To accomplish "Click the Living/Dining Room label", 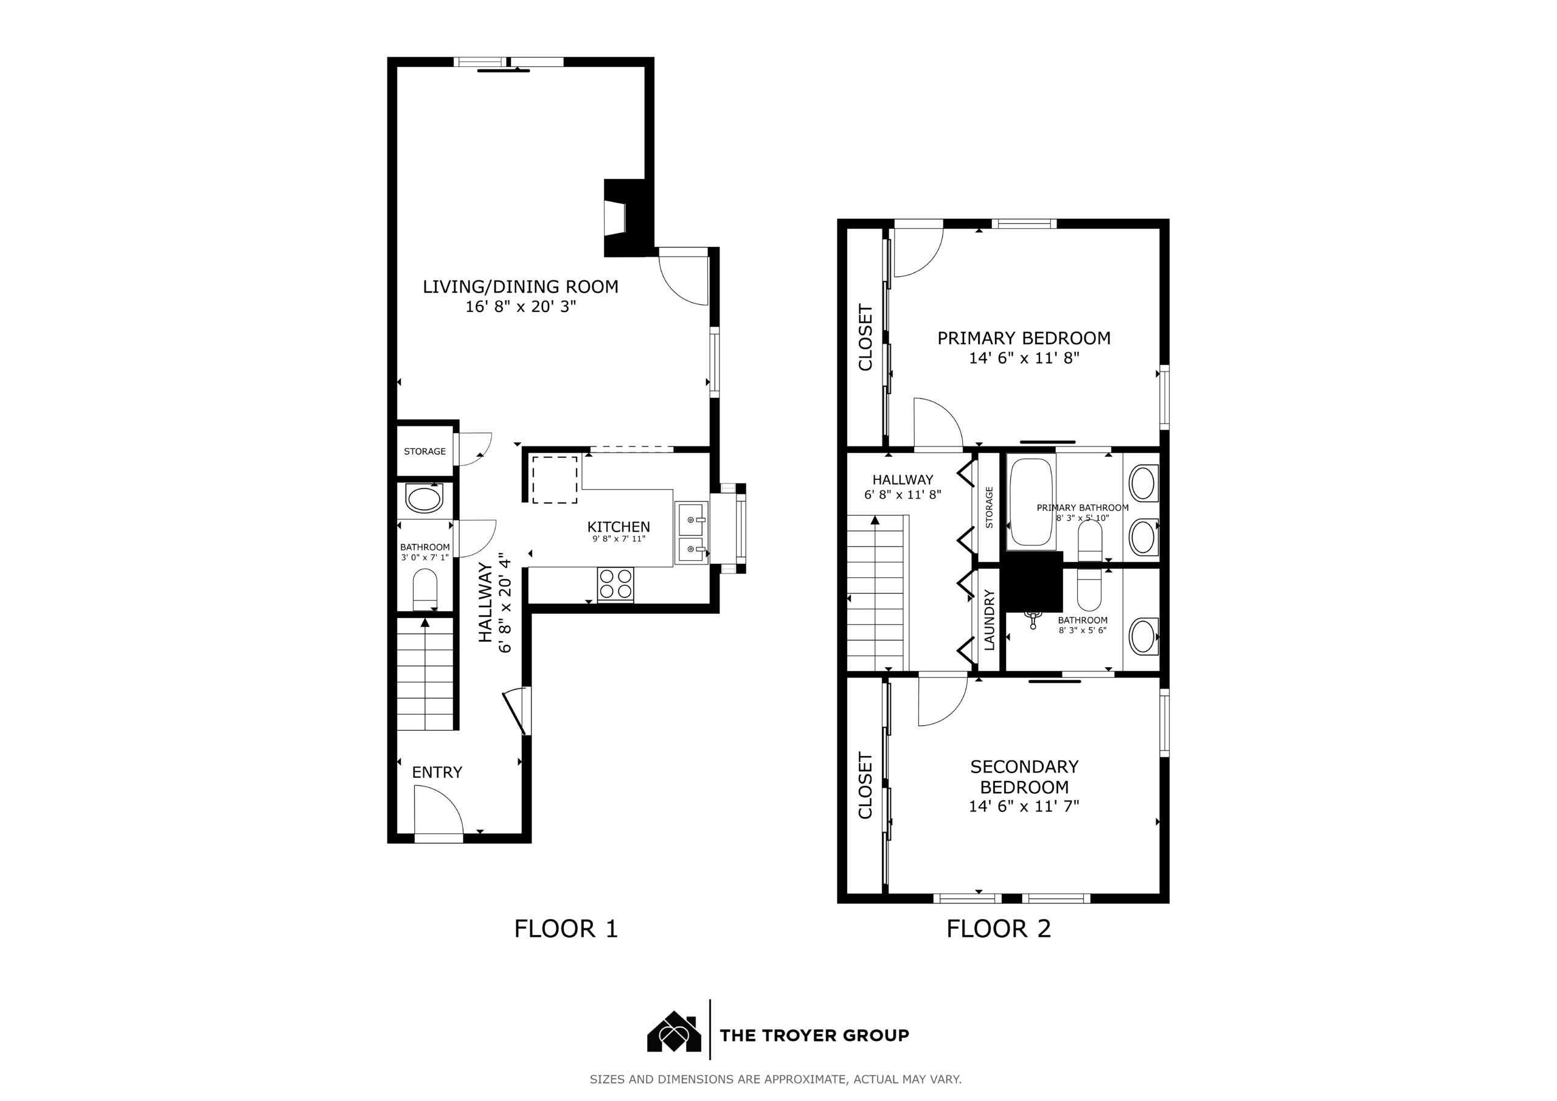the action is [520, 287].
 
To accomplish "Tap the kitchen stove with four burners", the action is [616, 584].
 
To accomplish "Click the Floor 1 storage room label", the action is [425, 451].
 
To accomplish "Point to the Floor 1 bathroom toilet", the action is [425, 590].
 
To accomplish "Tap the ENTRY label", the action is [437, 772].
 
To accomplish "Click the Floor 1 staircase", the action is [425, 675].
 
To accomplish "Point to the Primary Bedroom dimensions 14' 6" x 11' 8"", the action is [1024, 358].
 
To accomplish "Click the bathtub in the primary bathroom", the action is [1032, 502].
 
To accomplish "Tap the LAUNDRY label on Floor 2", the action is [990, 620].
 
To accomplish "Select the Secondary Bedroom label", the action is [1024, 777].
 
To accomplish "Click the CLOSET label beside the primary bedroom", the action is [865, 337].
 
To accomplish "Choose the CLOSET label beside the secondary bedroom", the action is [865, 785].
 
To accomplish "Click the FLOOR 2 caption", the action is [998, 929].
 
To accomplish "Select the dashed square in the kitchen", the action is [555, 479].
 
